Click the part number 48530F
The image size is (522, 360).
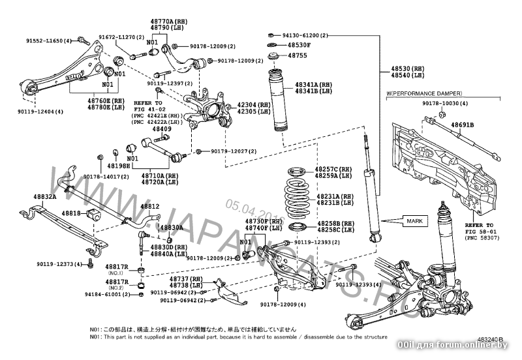click(298, 45)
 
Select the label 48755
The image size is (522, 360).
click(298, 56)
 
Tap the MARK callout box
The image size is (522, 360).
click(415, 221)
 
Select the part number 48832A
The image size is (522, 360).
click(45, 196)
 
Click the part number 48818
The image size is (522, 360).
click(71, 213)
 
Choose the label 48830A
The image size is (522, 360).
click(171, 228)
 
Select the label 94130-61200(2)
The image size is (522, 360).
click(309, 35)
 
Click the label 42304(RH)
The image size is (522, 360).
click(254, 104)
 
